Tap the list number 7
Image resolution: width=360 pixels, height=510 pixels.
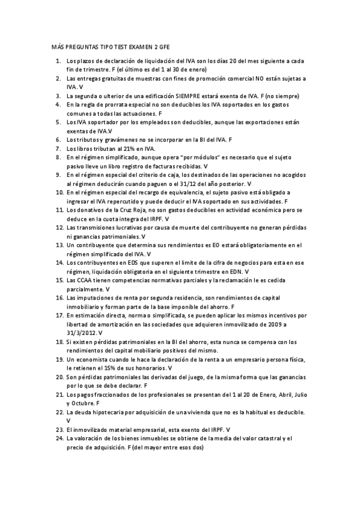pyautogui.click(x=58, y=148)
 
